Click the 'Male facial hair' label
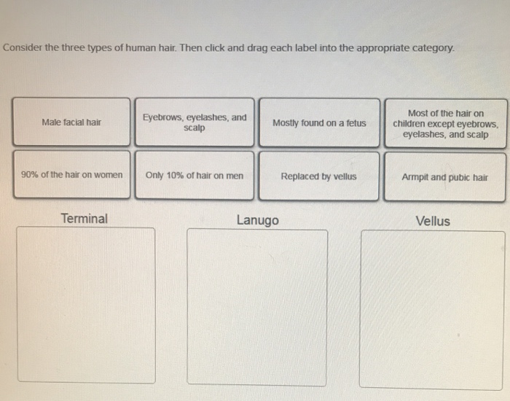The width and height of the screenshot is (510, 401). [71, 122]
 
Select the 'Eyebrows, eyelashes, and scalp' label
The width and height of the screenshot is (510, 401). [195, 122]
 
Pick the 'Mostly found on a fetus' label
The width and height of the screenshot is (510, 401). [319, 123]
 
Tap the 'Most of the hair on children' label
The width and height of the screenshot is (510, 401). [445, 124]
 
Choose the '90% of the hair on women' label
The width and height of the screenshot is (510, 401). [71, 175]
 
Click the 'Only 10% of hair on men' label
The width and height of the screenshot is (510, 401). [195, 176]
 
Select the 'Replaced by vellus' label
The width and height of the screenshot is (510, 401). [319, 176]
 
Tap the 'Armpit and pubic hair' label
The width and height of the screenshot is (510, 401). [444, 176]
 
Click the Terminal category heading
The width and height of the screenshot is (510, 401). [84, 218]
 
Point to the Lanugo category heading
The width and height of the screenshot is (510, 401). [257, 220]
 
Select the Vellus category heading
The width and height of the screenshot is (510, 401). [433, 221]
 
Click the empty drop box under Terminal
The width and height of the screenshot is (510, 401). [86, 305]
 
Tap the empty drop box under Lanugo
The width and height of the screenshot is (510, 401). [257, 307]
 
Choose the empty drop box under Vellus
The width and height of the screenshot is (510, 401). [433, 308]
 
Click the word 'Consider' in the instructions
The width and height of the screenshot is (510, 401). [23, 48]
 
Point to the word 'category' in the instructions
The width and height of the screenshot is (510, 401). [431, 48]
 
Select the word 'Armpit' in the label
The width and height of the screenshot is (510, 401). [415, 176]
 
